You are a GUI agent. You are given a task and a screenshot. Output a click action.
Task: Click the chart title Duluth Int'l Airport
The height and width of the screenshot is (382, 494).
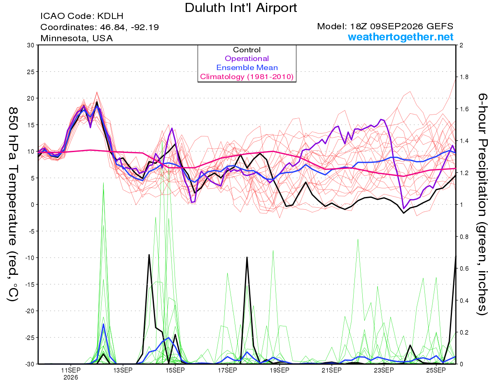(241, 8)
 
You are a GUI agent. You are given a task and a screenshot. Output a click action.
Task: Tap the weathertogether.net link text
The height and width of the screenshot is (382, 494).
(401, 37)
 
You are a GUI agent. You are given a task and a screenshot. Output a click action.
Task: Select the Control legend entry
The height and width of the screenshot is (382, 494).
(247, 50)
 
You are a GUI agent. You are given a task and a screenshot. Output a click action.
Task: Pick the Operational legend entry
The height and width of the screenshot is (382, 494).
(247, 59)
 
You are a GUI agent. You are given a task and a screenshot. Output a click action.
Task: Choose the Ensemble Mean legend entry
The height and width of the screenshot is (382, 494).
(247, 68)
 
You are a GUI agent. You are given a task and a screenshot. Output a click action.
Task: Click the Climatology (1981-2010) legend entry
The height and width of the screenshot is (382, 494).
(247, 77)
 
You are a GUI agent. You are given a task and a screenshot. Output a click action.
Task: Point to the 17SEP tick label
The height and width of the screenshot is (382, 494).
(227, 370)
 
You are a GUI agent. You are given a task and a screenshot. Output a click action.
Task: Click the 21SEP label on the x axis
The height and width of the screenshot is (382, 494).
(331, 370)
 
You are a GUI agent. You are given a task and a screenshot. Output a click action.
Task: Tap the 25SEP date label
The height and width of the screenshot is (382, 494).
(436, 370)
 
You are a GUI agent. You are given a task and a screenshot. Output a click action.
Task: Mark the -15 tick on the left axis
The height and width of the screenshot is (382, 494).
(30, 284)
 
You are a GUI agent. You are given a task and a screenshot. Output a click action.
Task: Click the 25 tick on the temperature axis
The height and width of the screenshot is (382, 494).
(31, 72)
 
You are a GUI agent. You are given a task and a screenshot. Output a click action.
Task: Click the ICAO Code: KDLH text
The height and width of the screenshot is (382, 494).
(82, 16)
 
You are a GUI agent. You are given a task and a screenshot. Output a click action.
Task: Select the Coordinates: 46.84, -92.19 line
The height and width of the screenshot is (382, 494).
(100, 27)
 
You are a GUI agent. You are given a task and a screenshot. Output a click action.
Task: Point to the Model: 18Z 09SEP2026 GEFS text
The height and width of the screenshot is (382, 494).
(385, 26)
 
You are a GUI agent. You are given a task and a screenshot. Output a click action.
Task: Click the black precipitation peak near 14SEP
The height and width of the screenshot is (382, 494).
(149, 255)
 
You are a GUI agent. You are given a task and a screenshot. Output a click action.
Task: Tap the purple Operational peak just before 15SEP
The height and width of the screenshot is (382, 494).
(172, 128)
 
